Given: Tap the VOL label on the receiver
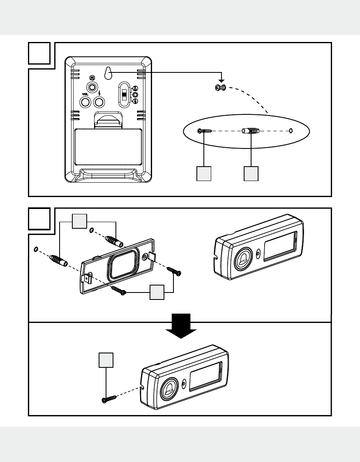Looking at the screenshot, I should point(85,94).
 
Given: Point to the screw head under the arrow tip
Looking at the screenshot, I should point(222,87).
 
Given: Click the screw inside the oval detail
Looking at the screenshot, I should point(204,131).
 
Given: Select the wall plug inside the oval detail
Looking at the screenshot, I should point(251,131).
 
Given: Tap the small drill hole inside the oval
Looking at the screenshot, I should point(291,131).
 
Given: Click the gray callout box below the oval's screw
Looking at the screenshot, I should point(204,174).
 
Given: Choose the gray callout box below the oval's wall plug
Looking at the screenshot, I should point(251,174).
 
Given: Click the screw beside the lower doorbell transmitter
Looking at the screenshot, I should point(109,398).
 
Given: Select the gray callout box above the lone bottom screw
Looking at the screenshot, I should point(106,360).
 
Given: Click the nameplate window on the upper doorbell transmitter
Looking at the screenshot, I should point(280,246).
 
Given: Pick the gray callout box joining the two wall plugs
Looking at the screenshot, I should point(79,221).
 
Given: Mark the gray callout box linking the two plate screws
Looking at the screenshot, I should point(157,292).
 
